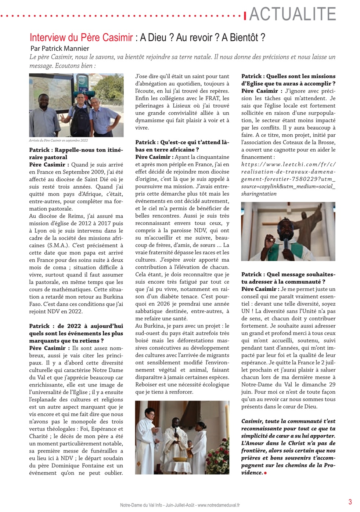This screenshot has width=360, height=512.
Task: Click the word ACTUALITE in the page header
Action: click(x=293, y=14)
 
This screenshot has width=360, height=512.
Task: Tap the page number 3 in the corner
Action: click(x=350, y=502)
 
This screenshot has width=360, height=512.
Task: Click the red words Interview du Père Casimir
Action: click(x=81, y=37)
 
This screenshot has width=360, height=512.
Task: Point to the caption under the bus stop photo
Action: click(x=58, y=140)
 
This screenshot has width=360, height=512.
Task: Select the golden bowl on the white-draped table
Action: click(x=179, y=459)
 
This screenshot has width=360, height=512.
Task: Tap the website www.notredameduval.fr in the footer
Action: click(x=219, y=505)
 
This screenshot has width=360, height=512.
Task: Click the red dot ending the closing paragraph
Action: click(x=265, y=473)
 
